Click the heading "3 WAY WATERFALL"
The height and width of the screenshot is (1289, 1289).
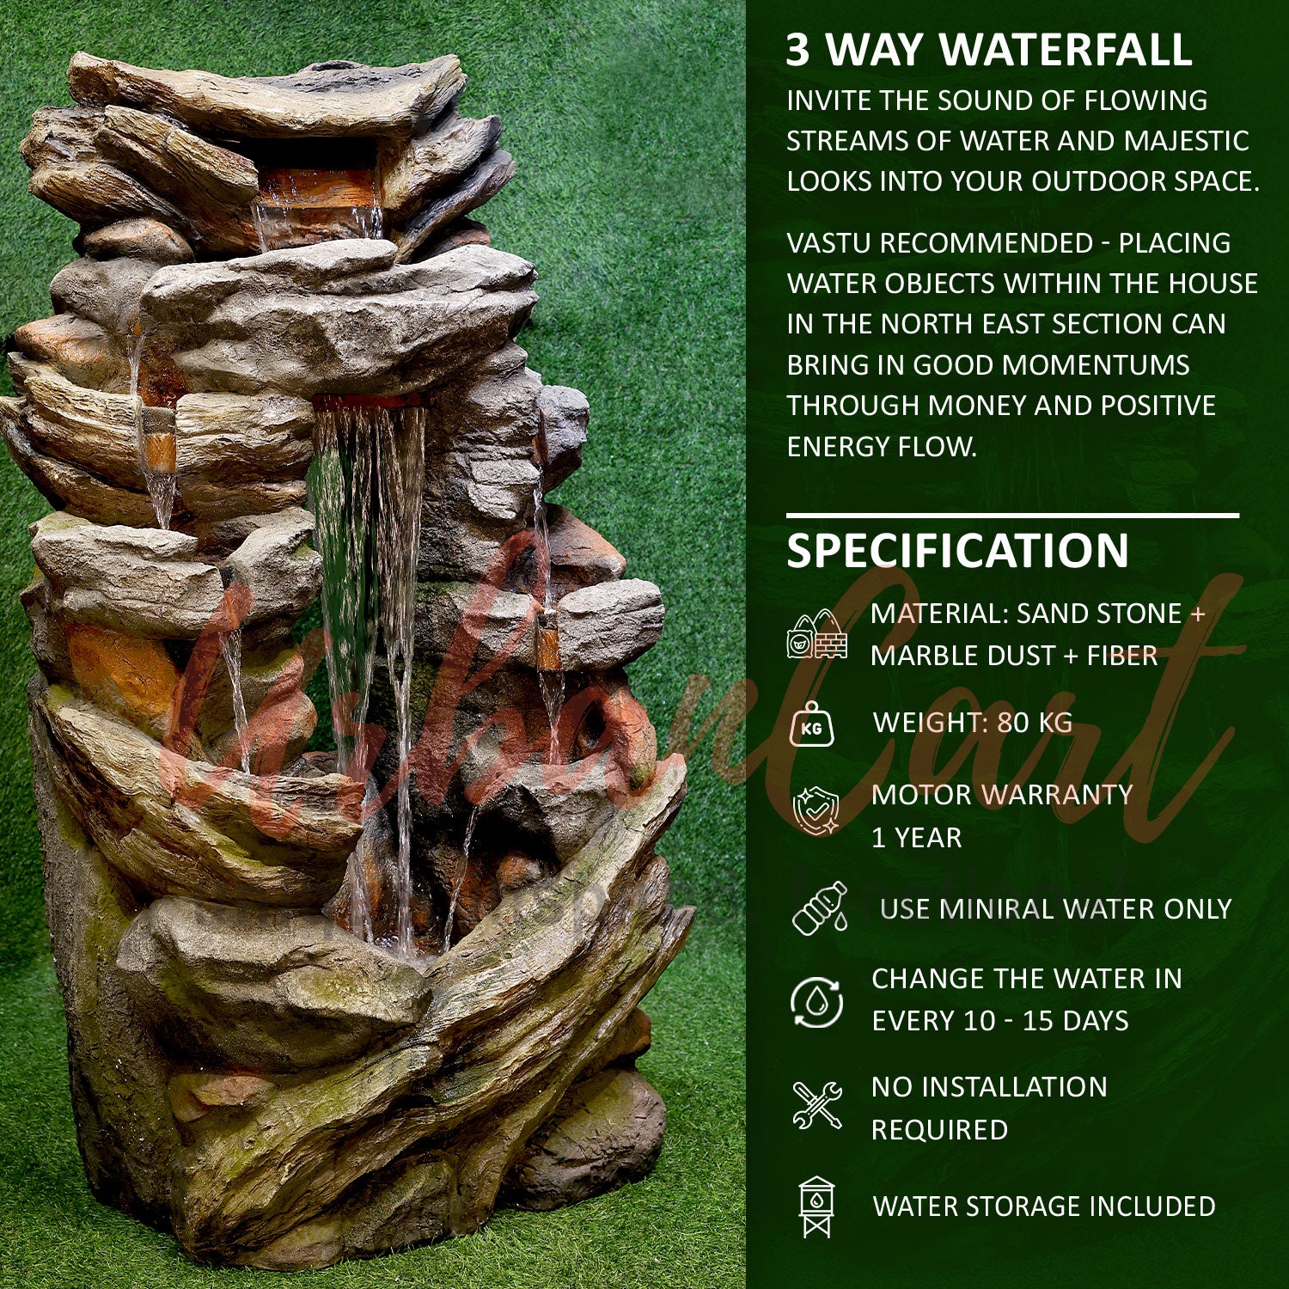tap(988, 50)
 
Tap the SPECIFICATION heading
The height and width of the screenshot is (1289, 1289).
tap(957, 551)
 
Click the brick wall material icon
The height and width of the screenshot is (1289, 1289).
tap(816, 636)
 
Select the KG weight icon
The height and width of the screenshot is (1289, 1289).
tap(811, 725)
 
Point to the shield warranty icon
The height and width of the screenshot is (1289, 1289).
tap(815, 811)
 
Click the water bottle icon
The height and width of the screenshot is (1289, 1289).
tap(818, 908)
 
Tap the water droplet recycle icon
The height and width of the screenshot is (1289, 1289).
tap(816, 1001)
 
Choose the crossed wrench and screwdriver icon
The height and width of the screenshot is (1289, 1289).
tap(816, 1106)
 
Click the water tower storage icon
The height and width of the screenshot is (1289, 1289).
tap(816, 1207)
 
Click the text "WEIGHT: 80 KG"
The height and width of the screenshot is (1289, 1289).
tap(973, 723)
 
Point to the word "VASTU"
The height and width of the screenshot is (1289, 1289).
tap(829, 243)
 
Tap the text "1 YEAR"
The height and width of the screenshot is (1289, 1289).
tap(916, 838)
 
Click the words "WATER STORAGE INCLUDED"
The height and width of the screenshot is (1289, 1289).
tap(1044, 1207)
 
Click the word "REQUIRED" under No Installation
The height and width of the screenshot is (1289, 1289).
tap(939, 1130)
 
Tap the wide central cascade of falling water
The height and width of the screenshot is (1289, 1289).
tap(370, 559)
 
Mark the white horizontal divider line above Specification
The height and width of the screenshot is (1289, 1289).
tap(1012, 516)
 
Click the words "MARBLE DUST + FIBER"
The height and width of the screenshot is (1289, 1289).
tap(1014, 656)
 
